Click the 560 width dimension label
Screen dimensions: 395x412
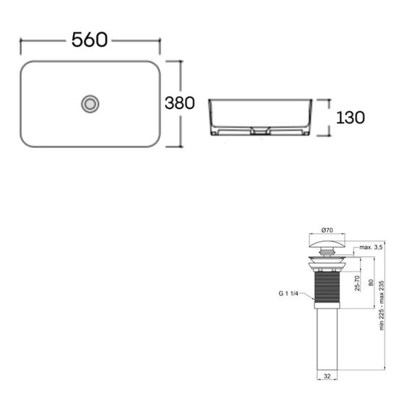point(90,40)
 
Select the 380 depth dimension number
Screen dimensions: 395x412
point(179,103)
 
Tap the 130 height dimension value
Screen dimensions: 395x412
point(350,118)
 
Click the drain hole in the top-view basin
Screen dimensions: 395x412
point(90,104)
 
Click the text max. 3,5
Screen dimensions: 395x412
point(369,247)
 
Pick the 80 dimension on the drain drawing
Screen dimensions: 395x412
point(371,284)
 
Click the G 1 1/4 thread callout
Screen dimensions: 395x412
point(288,294)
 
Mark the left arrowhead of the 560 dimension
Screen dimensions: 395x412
point(21,41)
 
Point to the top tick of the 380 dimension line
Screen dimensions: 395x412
point(173,61)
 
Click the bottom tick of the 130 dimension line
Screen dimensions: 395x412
point(324,136)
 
